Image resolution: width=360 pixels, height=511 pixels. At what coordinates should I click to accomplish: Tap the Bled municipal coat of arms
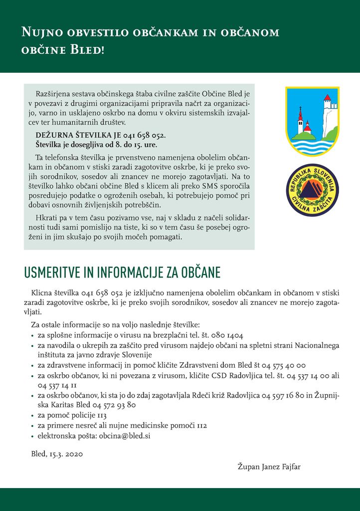tap(312, 120)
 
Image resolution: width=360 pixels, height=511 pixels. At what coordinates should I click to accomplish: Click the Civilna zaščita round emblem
tap(312, 190)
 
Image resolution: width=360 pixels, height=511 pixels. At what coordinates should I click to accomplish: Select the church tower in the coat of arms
tap(300, 120)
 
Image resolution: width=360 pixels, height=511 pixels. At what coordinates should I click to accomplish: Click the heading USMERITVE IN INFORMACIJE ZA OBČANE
tap(122, 273)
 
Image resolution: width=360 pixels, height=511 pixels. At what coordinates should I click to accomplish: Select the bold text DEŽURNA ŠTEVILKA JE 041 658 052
tap(100, 135)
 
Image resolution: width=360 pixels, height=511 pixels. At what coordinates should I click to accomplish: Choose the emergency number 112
tap(201, 425)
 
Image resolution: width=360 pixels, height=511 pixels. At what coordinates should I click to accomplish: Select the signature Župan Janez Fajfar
tap(269, 467)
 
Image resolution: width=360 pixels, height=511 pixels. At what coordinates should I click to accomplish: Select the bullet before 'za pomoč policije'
tap(33, 416)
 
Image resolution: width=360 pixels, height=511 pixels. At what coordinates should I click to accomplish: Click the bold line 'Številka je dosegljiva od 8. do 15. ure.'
tap(96, 145)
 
